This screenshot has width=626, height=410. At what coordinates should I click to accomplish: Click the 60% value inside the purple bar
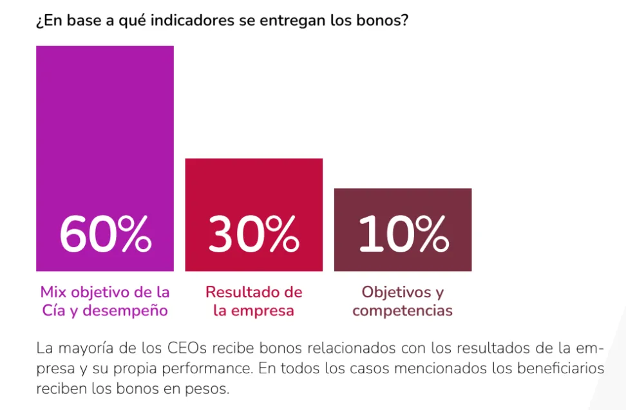(105, 234)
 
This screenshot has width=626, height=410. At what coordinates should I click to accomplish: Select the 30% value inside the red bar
(254, 234)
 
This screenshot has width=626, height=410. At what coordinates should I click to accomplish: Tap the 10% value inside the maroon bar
(403, 234)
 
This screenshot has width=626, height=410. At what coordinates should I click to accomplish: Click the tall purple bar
(105, 129)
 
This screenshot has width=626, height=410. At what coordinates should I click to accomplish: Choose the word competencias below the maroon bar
(403, 311)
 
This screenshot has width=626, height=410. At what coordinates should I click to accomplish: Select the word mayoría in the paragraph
(86, 349)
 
